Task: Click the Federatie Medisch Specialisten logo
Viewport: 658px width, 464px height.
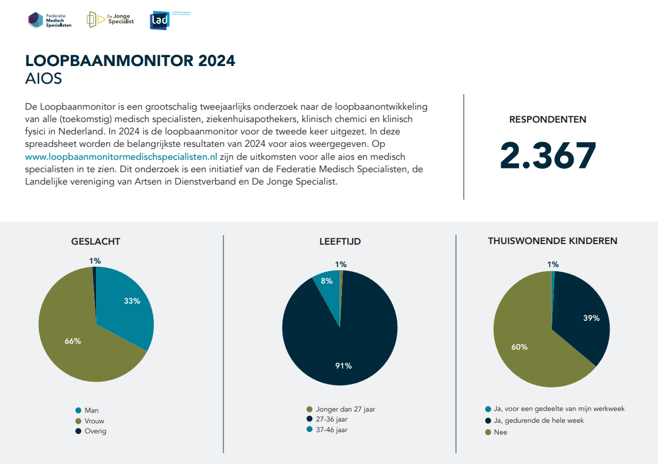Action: (50, 20)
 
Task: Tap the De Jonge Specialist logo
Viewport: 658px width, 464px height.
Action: (110, 19)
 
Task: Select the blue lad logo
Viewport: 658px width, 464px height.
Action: (160, 21)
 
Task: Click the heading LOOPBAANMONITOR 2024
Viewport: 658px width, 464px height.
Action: (130, 61)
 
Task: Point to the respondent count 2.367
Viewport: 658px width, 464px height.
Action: (548, 156)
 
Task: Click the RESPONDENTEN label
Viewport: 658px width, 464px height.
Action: (548, 120)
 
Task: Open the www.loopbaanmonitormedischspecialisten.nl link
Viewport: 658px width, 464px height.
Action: (121, 157)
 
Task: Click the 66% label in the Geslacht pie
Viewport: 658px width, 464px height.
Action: (73, 341)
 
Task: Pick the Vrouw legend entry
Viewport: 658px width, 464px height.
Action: (94, 421)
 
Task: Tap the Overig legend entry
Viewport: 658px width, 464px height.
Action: (95, 431)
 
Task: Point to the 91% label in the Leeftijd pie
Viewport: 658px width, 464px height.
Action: (343, 366)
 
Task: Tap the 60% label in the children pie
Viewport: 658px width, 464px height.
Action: (519, 347)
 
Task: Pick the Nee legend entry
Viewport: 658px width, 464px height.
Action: (501, 432)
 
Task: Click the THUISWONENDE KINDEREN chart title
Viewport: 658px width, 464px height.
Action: (552, 241)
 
